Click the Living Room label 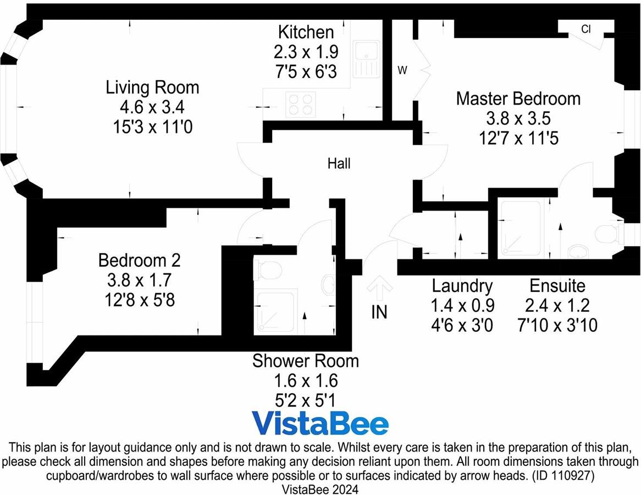click(152, 87)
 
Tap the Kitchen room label click(306, 32)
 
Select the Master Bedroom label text click(518, 98)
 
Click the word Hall click(339, 164)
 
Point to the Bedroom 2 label click(140, 260)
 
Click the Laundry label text click(462, 286)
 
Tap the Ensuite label click(557, 285)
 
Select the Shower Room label click(305, 361)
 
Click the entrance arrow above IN click(380, 288)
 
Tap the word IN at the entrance click(379, 312)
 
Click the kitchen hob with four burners click(301, 105)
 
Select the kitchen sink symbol click(367, 59)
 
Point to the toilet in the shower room click(268, 271)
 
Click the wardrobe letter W click(402, 70)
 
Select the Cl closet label click(586, 29)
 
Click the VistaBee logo click(320, 424)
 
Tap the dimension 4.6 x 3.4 click(152, 107)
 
